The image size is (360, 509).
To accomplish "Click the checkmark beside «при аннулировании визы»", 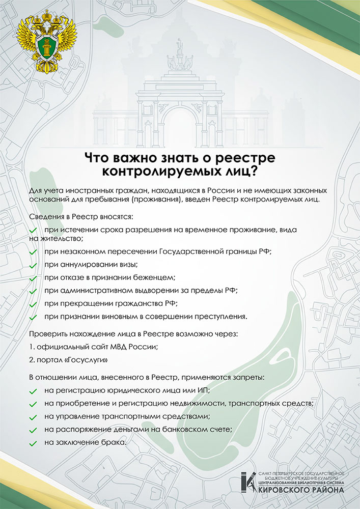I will pyautogui.click(x=33, y=266).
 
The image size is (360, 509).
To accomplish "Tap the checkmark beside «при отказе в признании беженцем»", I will pyautogui.click(x=33, y=278).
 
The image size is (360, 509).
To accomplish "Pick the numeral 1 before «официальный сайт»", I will pyautogui.click(x=31, y=347).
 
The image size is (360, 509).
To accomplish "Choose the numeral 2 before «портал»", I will pyautogui.click(x=31, y=360).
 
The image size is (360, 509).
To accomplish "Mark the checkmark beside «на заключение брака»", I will pyautogui.click(x=33, y=443).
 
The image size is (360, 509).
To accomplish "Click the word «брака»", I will pyautogui.click(x=114, y=442).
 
